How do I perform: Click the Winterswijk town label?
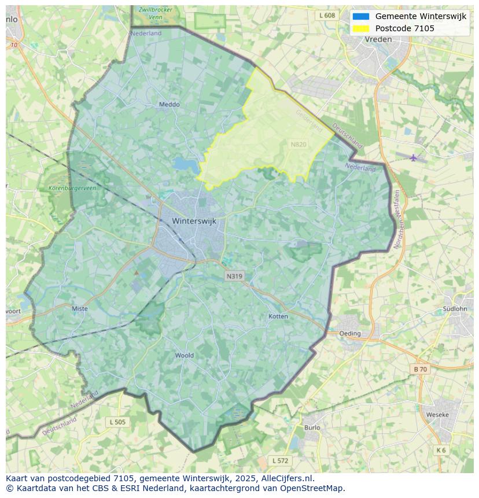click(x=194, y=221)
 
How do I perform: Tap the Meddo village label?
click(x=169, y=105)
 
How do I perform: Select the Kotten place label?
click(x=278, y=316)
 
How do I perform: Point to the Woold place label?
click(x=185, y=355)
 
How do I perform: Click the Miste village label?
click(x=80, y=309)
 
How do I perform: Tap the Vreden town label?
click(x=378, y=39)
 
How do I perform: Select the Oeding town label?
click(x=350, y=333)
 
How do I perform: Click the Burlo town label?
click(x=312, y=427)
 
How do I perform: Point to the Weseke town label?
click(x=437, y=415)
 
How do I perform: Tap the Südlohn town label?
click(x=454, y=309)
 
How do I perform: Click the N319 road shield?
click(x=234, y=276)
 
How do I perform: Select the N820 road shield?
click(x=299, y=145)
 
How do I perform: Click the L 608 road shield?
click(x=327, y=16)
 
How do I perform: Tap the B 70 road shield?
click(x=420, y=369)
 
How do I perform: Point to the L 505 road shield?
click(x=117, y=422)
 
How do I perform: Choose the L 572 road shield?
click(x=280, y=460)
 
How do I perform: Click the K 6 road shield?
click(x=441, y=450)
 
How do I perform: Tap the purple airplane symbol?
click(x=413, y=157)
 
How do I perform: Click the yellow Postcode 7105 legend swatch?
click(x=360, y=28)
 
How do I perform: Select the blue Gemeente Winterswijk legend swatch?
click(x=360, y=16)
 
